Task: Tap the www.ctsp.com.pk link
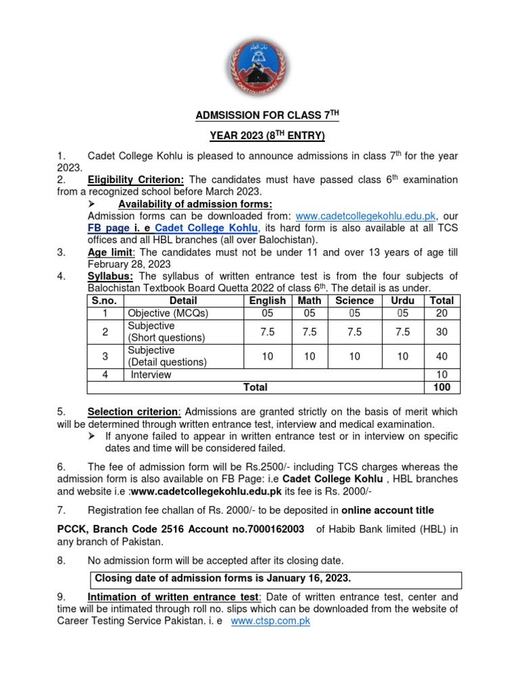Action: pos(270,620)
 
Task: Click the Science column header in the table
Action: pos(354,301)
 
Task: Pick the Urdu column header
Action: pos(403,301)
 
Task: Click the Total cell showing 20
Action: pos(441,313)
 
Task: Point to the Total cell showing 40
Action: pos(441,356)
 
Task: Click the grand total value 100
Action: pos(441,387)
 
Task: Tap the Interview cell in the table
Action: pos(151,374)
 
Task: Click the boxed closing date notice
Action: pos(266,579)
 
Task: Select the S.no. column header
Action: pos(105,301)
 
